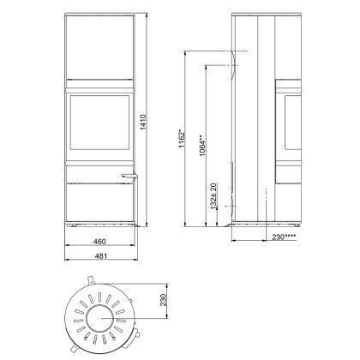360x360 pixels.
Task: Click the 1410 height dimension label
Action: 143,122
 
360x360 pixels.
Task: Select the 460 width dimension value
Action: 99,242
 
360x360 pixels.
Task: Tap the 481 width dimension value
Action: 100,256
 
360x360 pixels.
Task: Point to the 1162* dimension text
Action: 182,139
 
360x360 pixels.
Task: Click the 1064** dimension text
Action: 202,146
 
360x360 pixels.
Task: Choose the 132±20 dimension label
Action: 213,196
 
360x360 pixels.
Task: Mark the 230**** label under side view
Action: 284,237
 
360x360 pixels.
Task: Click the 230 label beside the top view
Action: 163,300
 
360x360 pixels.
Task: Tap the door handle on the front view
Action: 130,177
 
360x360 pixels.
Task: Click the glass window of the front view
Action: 99,123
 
